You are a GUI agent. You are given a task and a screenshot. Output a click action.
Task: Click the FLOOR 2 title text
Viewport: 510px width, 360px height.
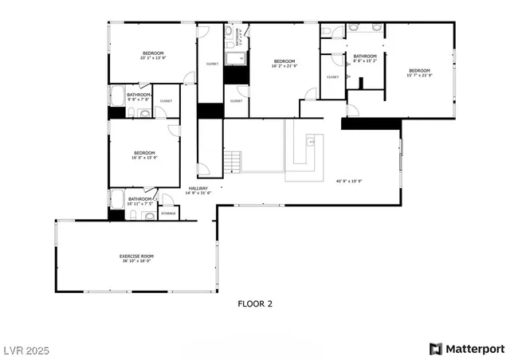point(255,303)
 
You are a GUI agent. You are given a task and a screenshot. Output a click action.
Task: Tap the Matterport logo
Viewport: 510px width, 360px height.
point(467,348)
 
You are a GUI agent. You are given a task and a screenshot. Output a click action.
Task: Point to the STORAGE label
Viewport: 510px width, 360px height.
point(168,213)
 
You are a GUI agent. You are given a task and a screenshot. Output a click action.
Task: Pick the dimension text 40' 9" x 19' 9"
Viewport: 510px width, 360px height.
point(349,181)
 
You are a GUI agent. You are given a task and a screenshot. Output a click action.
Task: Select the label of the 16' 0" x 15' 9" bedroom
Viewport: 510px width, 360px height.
point(144,155)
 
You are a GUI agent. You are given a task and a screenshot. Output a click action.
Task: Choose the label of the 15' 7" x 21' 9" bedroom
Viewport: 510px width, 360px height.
point(419,72)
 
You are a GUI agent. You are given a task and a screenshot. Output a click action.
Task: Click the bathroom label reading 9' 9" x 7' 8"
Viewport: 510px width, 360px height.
point(139,96)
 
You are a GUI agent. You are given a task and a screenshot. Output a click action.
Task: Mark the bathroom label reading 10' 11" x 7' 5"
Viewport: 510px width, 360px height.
point(140,200)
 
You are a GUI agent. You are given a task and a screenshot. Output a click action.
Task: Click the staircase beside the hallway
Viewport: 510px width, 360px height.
point(232,162)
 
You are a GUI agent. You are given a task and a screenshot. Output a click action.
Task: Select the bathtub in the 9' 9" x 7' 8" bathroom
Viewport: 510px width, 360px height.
point(117,96)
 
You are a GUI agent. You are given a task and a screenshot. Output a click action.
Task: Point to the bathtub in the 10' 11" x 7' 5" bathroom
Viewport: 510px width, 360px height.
point(117,200)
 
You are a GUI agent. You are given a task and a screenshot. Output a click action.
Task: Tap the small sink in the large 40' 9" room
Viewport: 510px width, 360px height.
point(312,143)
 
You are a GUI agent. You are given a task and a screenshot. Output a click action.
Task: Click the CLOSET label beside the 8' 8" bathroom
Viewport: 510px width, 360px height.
point(332,76)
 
